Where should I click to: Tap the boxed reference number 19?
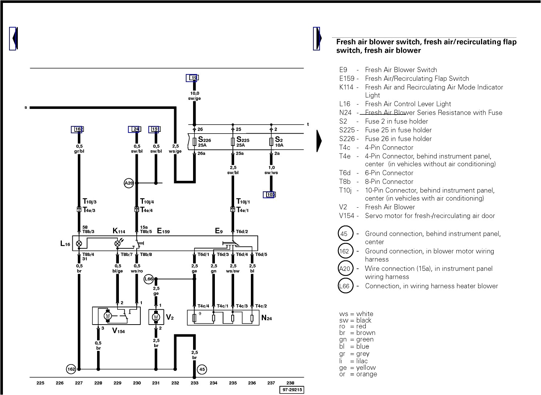coord(193,78)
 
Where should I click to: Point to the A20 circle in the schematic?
coord(129,183)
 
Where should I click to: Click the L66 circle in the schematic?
coord(149,279)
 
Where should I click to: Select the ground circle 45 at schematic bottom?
coord(202,370)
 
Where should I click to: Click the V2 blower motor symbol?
coord(156,317)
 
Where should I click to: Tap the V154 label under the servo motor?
coord(119,331)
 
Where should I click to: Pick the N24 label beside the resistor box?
coord(267,318)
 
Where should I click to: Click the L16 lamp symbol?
coord(79,244)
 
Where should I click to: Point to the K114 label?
coord(119,231)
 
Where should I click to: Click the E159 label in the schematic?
coord(163,231)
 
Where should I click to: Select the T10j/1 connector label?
coord(243,201)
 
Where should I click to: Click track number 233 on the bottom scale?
coord(194,383)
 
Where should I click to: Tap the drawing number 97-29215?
coord(291,390)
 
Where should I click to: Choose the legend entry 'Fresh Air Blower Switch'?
coord(401,70)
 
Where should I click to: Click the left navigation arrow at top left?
coord(13,38)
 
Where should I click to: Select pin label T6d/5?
coord(261,254)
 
